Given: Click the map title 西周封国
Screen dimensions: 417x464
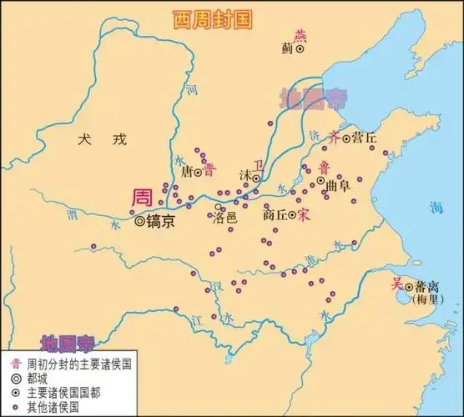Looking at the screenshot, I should point(211,20).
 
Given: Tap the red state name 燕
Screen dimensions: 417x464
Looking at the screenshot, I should point(300,34).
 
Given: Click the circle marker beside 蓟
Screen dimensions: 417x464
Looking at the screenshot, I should point(300,50).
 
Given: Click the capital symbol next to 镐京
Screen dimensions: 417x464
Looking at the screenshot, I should point(139,222).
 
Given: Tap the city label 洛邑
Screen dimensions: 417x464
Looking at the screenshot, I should point(225,218).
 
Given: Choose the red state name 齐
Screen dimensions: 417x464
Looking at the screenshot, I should point(335,135).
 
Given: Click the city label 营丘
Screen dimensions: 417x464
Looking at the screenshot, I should point(364,137).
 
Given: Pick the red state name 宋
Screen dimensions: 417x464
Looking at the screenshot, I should point(303,214).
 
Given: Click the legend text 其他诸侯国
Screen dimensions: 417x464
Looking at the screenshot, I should point(53,406).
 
